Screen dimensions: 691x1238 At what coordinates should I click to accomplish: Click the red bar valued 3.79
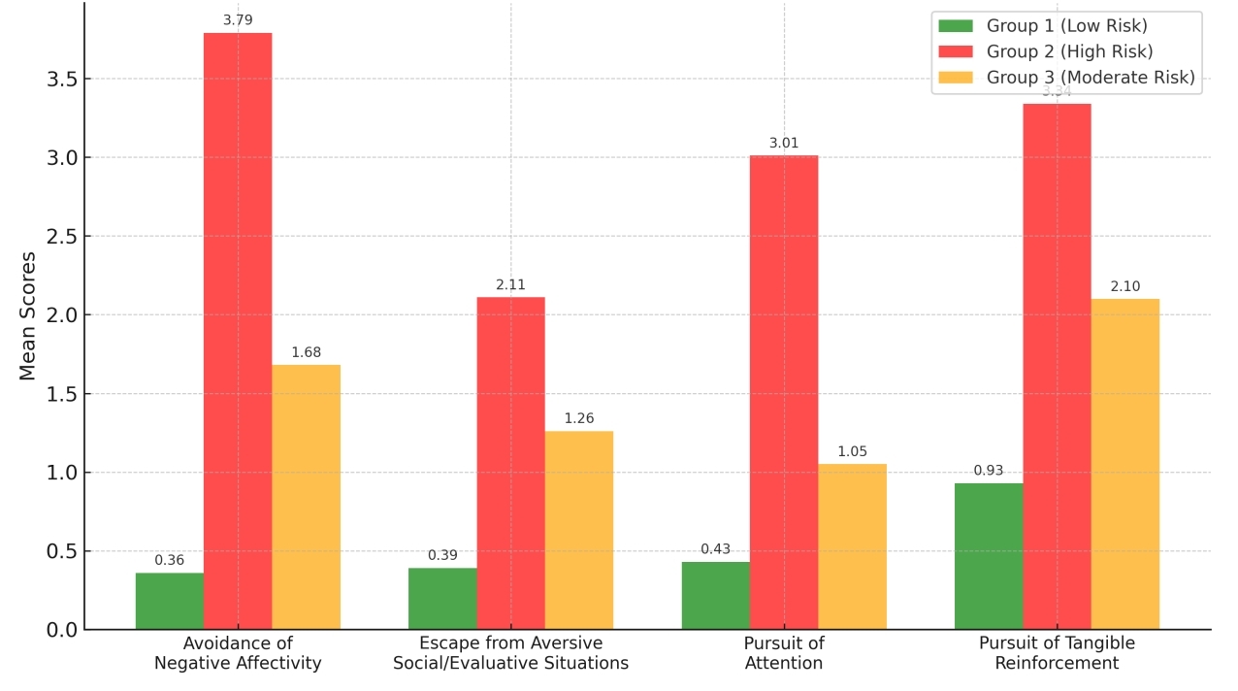coord(238,331)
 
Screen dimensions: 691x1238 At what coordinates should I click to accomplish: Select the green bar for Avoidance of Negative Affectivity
coord(170,601)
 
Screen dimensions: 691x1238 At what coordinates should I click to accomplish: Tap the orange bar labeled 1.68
coord(306,497)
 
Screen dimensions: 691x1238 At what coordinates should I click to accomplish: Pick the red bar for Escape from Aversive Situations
coord(510,463)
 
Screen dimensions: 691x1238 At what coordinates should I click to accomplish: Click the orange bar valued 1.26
coord(579,530)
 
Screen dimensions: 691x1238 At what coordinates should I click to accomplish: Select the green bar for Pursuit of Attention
coord(716,595)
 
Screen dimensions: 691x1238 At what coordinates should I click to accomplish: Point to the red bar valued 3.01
coord(784,392)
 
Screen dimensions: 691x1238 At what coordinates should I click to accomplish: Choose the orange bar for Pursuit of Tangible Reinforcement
coord(1125,464)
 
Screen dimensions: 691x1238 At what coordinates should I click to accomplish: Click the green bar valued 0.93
coord(989,556)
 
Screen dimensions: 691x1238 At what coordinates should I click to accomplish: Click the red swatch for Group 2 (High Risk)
coord(957,52)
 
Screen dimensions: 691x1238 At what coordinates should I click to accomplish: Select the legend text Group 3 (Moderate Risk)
coord(1091,78)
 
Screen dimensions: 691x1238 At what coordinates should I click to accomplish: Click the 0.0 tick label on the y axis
coord(61,631)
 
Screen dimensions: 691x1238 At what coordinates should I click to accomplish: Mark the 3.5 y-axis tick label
coord(61,80)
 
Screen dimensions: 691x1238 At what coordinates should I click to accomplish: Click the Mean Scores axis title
coord(28,315)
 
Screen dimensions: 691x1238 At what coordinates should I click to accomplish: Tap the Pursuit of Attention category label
coord(784,653)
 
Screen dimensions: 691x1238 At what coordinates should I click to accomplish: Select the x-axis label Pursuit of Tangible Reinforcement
coord(1057,653)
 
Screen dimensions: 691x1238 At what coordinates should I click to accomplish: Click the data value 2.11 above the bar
coord(510,285)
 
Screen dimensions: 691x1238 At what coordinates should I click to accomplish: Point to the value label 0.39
coord(442,556)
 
